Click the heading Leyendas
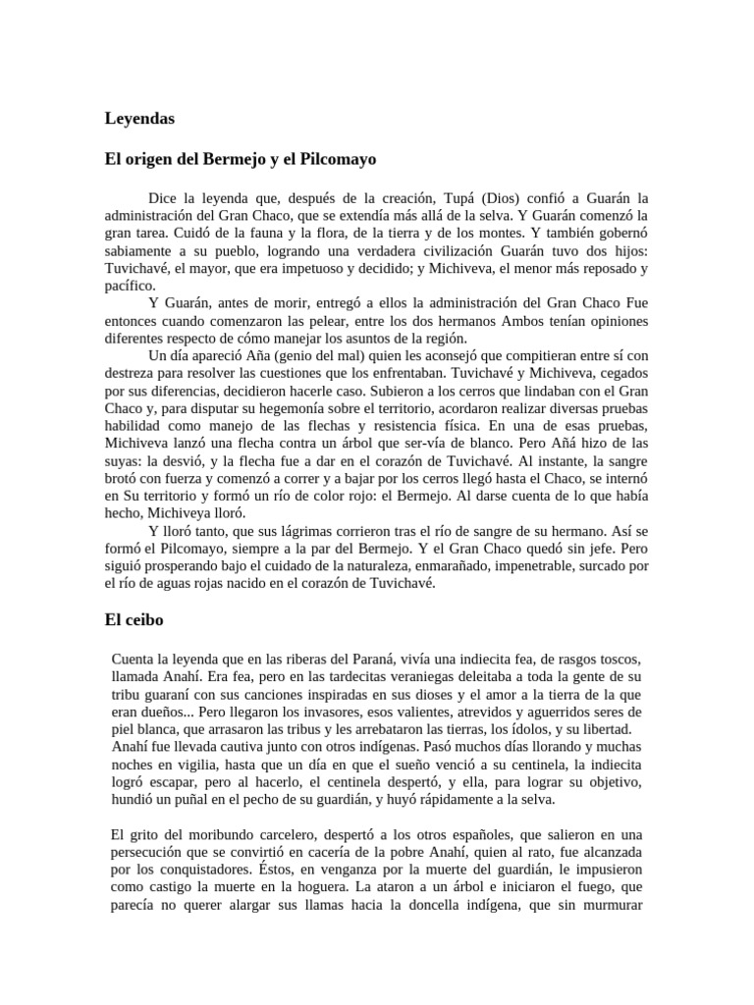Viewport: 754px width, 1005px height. pos(139,119)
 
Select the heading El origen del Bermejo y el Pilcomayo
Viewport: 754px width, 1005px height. pos(241,158)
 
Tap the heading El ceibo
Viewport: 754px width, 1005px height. pos(134,620)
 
